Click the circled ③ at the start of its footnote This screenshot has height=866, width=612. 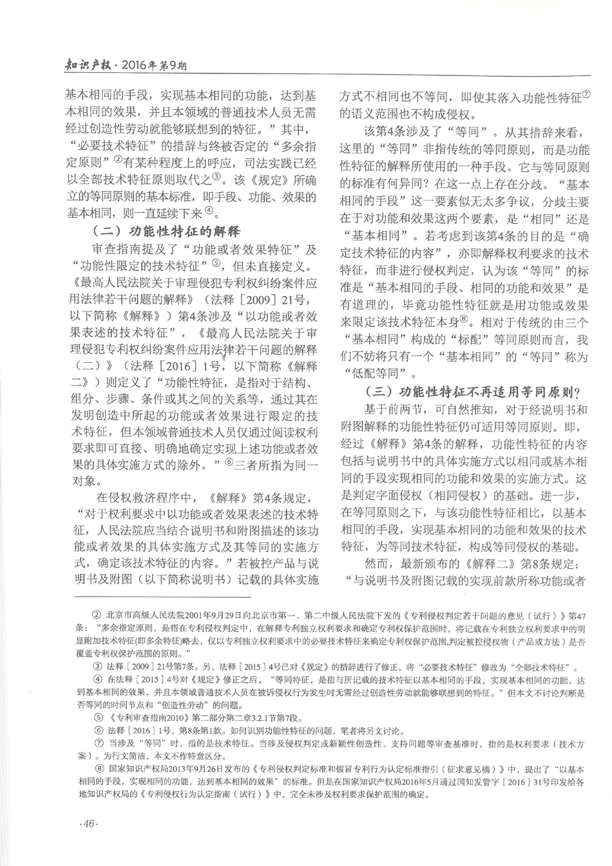pos(98,667)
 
